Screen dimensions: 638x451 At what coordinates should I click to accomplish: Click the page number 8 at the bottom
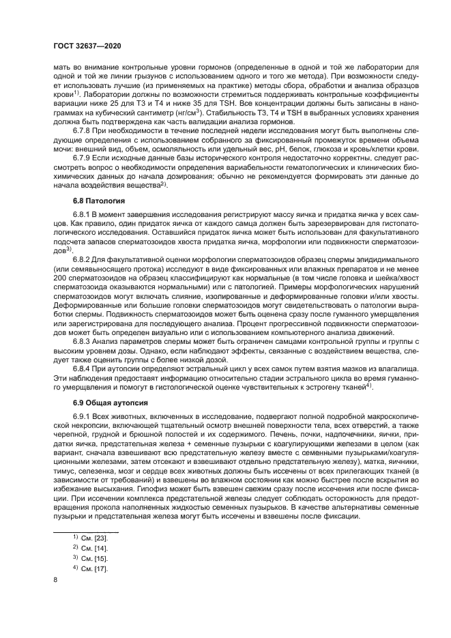(x=55, y=579)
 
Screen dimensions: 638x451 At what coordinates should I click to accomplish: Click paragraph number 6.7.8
(x=83, y=130)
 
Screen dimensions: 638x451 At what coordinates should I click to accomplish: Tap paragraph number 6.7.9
(x=83, y=157)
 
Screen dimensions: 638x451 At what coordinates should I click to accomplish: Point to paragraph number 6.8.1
(x=83, y=215)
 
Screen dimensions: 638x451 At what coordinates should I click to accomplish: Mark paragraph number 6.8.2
(x=83, y=259)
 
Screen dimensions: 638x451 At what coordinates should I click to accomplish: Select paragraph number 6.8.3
(x=83, y=339)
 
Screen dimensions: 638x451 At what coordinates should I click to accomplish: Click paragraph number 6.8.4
(x=83, y=366)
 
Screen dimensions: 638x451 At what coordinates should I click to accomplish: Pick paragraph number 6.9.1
(x=83, y=415)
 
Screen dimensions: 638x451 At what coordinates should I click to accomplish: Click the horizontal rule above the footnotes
(x=87, y=532)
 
